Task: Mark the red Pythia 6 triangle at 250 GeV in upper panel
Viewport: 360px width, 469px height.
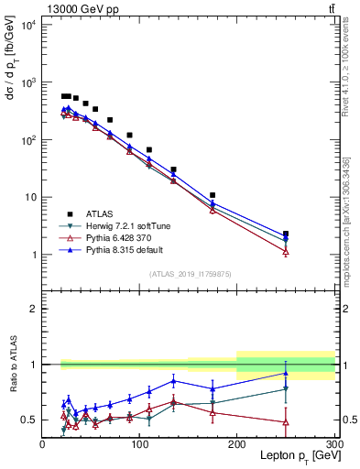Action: (286, 251)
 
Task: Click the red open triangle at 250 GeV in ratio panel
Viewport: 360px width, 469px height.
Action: (286, 422)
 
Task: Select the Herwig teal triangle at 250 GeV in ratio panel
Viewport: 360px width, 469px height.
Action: (286, 389)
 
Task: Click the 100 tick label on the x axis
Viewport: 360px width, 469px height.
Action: (139, 444)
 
